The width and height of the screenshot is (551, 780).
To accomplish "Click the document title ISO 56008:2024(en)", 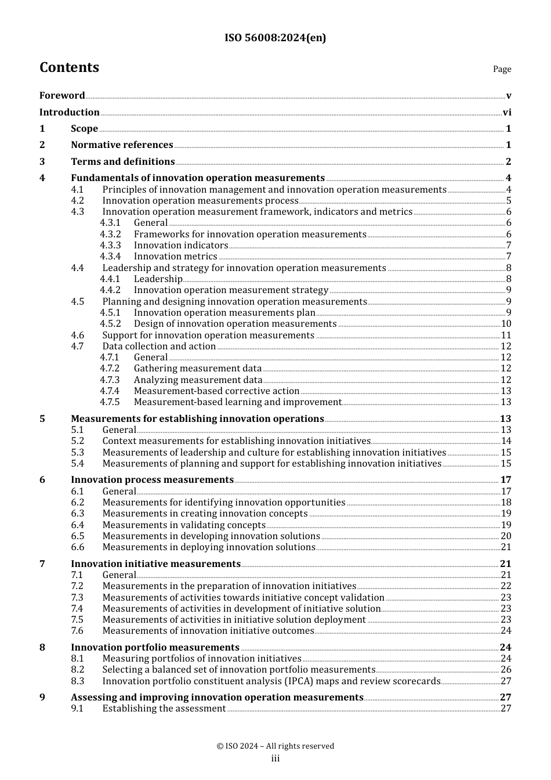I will [275, 38].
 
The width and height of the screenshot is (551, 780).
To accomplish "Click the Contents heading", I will [69, 67].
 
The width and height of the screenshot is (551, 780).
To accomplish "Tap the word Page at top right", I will [502, 69].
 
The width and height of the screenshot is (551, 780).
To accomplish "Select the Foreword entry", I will [62, 96].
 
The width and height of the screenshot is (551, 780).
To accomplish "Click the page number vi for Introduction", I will [507, 113].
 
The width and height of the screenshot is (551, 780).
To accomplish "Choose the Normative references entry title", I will [122, 145].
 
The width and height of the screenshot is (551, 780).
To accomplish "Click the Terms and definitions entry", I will [122, 162].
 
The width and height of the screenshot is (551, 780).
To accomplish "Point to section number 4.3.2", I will [110, 234].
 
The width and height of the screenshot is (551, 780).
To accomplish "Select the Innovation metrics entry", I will [175, 257].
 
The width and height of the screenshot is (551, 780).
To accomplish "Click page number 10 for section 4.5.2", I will [506, 324].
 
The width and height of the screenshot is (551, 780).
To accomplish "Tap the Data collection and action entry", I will [159, 346].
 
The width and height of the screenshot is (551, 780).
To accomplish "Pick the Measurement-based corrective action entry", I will [216, 391].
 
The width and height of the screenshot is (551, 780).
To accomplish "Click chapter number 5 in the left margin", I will [42, 419].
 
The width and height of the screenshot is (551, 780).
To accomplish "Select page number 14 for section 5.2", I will [506, 441].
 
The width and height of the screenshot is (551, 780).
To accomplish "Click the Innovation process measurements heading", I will [152, 480].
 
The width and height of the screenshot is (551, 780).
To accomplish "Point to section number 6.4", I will [78, 525].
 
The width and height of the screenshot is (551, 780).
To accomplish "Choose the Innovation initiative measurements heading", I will [155, 564].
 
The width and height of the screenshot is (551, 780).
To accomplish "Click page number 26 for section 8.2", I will [506, 670].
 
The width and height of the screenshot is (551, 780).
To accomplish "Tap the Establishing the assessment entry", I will [164, 709].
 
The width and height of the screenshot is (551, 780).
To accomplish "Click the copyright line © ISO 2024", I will [275, 746].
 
